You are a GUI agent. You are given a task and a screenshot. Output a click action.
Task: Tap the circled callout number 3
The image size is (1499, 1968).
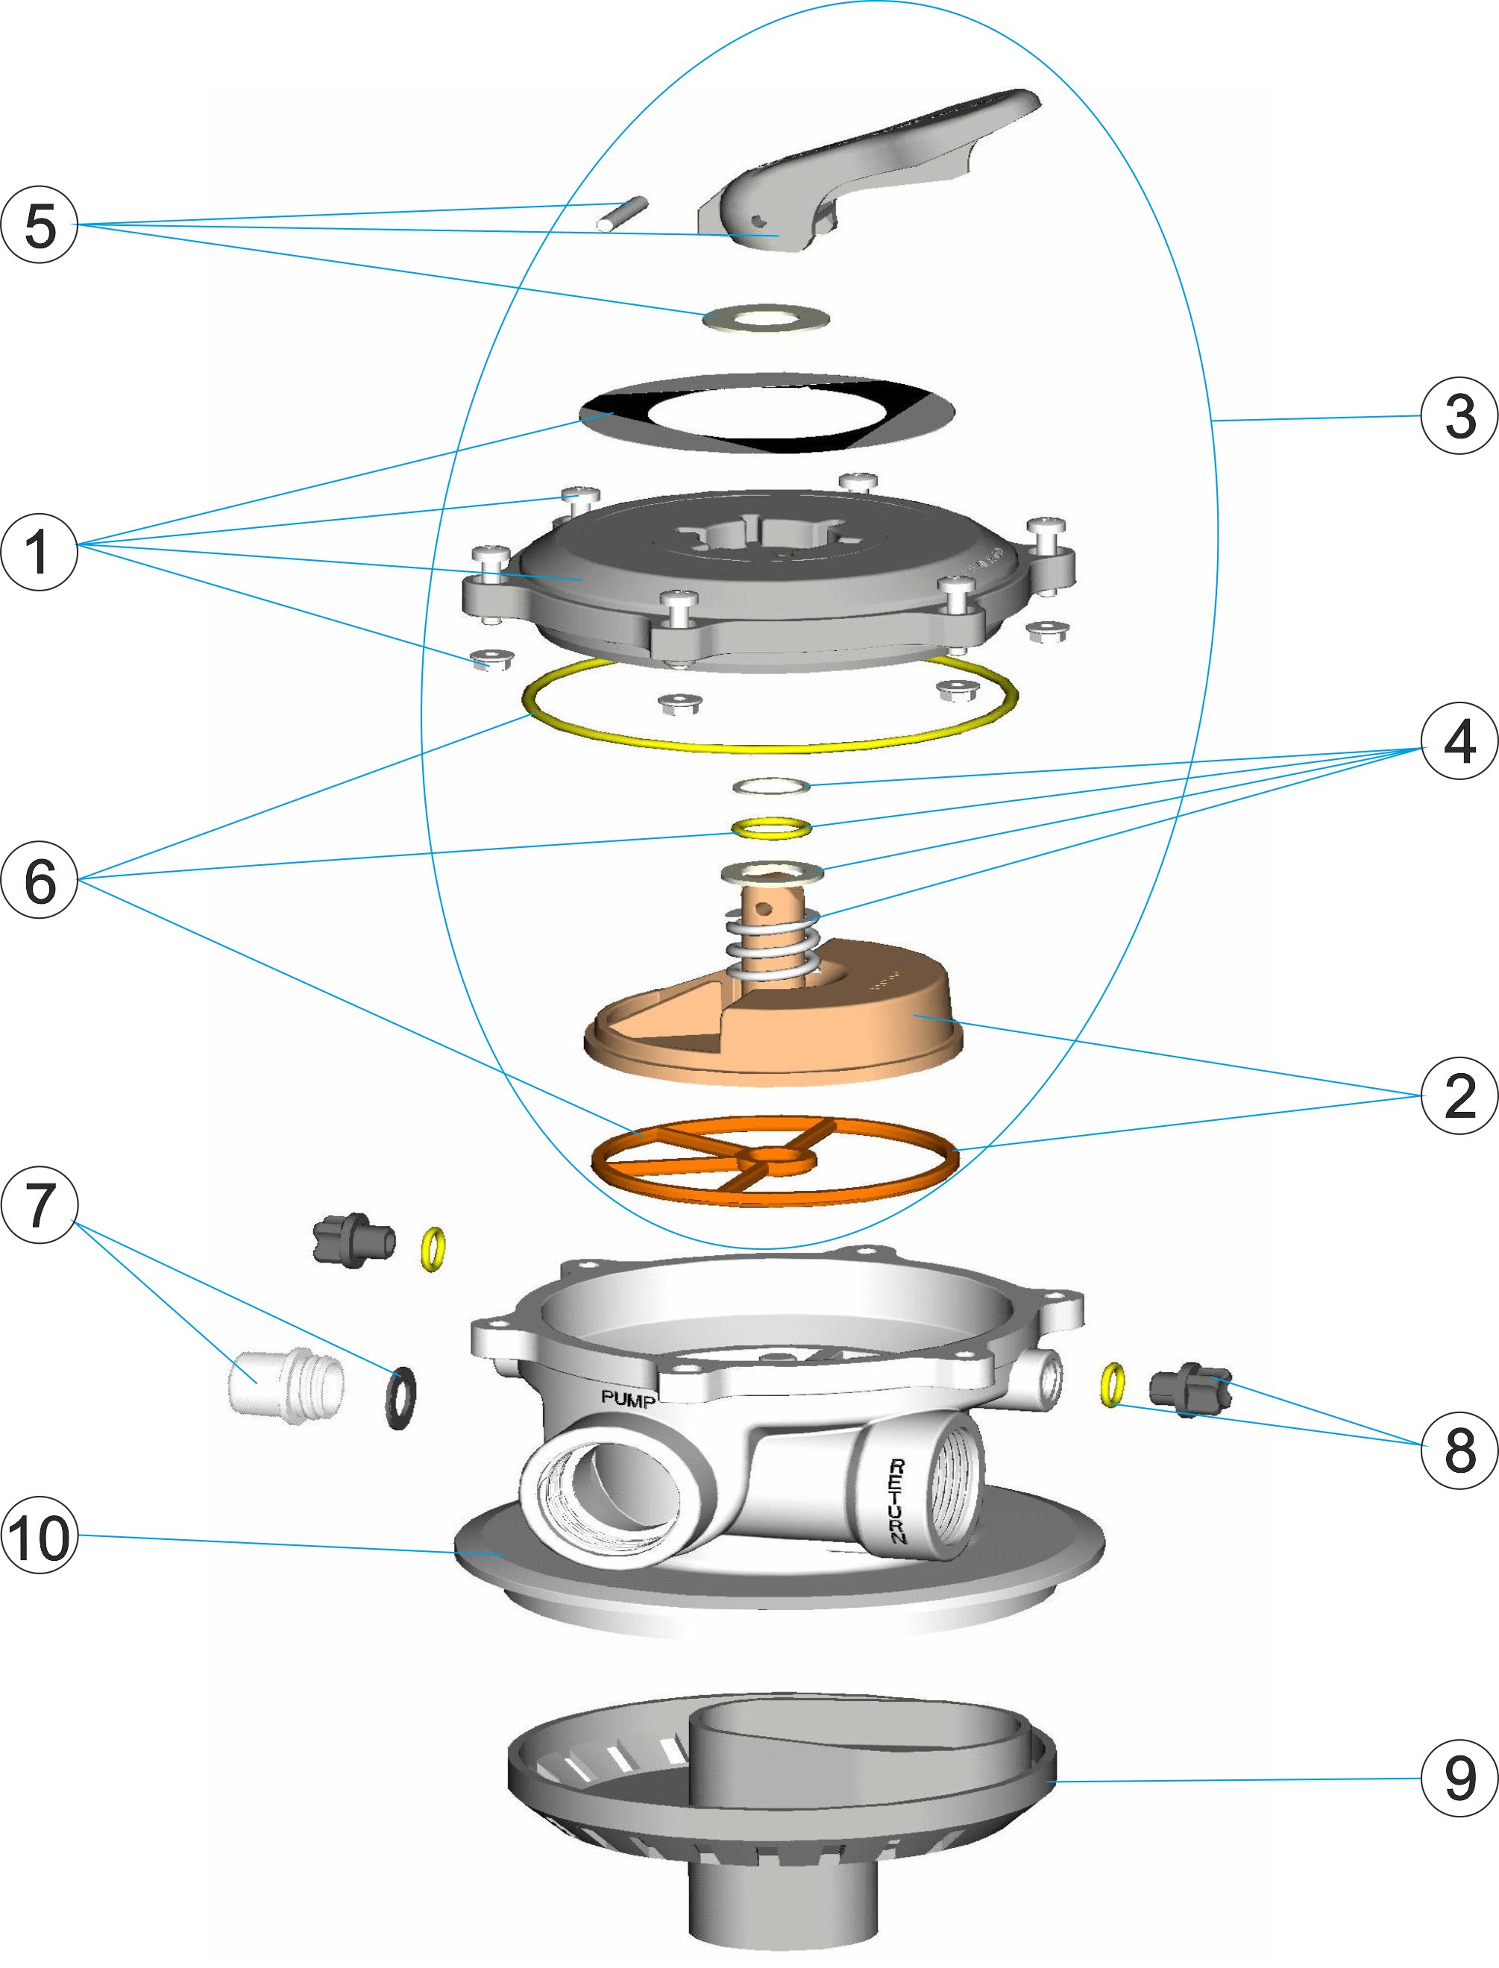[1459, 415]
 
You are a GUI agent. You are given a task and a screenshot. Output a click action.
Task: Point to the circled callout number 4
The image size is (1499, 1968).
[1459, 741]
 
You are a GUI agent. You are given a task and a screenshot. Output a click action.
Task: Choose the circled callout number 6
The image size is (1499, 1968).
[40, 880]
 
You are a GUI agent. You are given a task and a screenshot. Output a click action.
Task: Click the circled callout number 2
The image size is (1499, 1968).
[1459, 1095]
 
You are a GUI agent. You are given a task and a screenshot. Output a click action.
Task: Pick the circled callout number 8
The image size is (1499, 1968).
[1459, 1449]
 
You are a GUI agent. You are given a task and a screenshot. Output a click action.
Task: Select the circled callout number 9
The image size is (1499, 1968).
[1459, 1778]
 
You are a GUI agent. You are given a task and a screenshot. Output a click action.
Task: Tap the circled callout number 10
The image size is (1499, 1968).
[40, 1536]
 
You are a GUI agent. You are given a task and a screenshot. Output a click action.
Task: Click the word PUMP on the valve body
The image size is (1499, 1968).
[628, 1399]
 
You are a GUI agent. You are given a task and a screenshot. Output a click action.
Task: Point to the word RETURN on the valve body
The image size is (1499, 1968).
[896, 1500]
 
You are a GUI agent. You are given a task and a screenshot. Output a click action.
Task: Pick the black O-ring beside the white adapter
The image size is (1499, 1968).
[400, 1397]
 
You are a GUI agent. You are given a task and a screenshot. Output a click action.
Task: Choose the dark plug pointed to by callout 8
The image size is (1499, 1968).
[1190, 1389]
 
